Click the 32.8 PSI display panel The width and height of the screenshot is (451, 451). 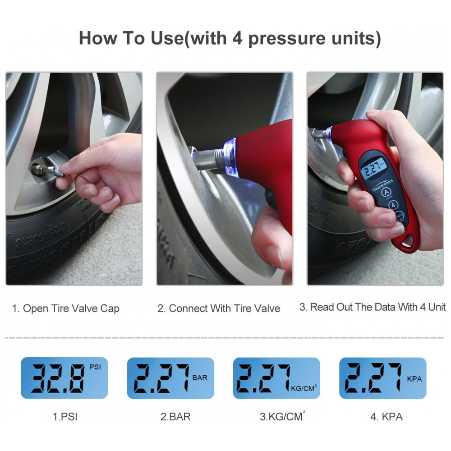tap(64, 378)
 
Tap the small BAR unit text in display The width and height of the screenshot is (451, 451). tap(200, 377)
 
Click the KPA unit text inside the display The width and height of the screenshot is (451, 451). tap(414, 379)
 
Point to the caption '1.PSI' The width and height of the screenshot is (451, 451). tap(65, 416)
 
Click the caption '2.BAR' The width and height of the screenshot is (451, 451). tap(175, 416)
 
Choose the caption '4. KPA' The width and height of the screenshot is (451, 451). tap(386, 416)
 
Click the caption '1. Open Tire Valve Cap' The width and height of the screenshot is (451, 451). tap(66, 309)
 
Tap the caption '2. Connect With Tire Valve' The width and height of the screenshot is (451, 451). tap(219, 309)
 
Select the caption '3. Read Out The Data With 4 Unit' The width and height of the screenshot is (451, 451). tap(373, 307)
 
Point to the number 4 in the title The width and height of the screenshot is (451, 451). tap(238, 39)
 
